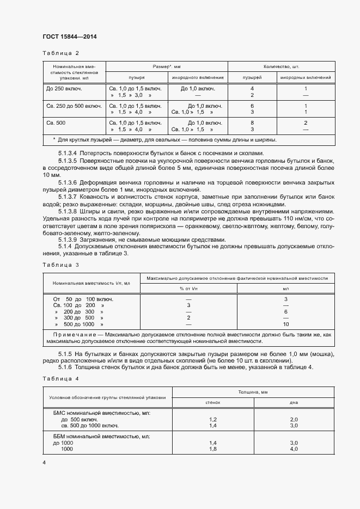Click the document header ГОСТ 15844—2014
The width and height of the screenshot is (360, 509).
click(69, 36)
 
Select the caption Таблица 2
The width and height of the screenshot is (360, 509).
click(60, 53)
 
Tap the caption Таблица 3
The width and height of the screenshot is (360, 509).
click(60, 265)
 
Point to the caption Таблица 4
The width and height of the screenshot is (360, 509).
click(60, 378)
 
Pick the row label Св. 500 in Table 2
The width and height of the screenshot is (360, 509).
click(56, 123)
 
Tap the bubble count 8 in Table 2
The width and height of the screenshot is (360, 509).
click(252, 123)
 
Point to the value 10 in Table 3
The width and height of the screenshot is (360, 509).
click(285, 324)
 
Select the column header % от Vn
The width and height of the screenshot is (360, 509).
click(188, 288)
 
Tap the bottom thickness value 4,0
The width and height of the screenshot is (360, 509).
click(294, 449)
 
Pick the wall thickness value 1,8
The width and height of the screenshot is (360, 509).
click(213, 449)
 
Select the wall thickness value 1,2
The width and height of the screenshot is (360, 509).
click(213, 420)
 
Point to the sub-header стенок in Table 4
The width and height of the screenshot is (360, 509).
click(213, 402)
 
